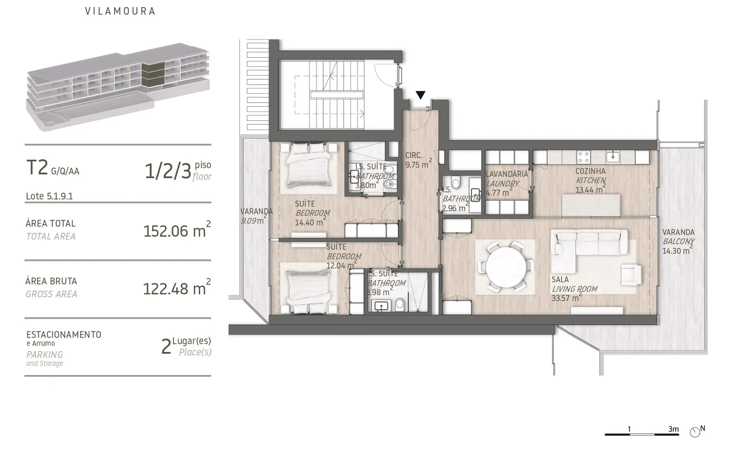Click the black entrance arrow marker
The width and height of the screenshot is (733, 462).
click(420, 95)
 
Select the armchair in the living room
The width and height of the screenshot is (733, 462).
click(631, 274)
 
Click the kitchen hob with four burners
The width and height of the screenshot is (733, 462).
click(584, 157)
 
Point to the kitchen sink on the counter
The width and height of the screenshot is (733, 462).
click(612, 157)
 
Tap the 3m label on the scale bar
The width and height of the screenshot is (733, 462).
click(674, 429)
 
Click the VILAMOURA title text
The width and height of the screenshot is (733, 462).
click(120, 11)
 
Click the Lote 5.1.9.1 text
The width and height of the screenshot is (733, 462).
click(50, 196)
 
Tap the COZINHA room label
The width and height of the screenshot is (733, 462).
click(590, 171)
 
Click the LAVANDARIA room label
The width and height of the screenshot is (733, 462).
click(507, 174)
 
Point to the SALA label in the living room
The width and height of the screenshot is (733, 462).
click(560, 280)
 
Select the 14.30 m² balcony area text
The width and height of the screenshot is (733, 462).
click(678, 251)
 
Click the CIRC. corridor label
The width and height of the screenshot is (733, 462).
click(414, 156)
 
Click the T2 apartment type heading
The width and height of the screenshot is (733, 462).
click(37, 168)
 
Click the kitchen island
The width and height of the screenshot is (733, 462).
click(591, 205)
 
